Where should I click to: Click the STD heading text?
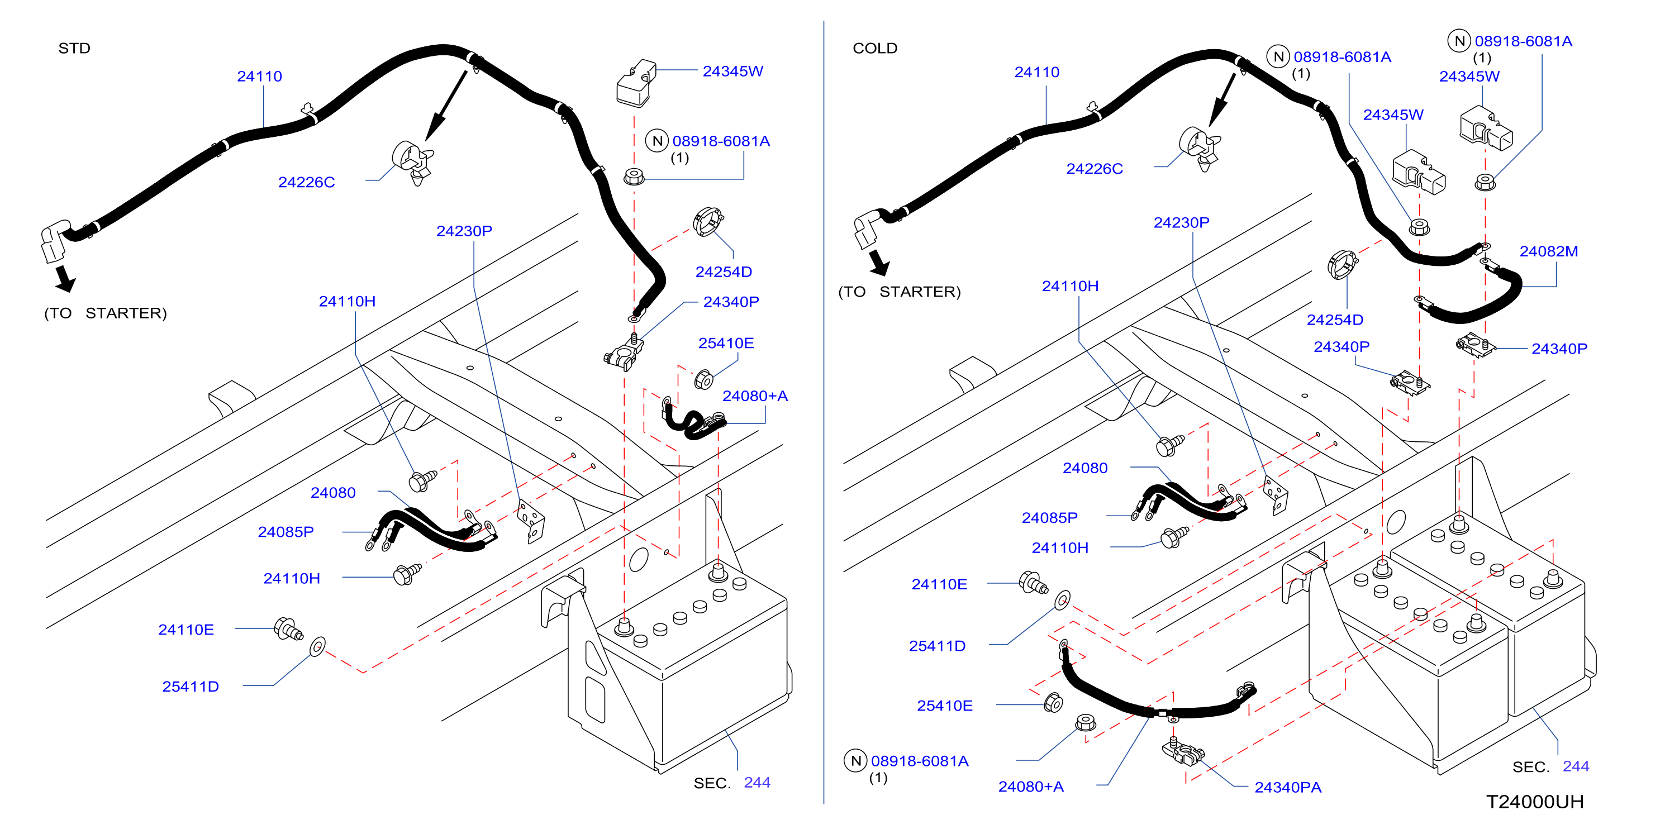pyautogui.click(x=74, y=49)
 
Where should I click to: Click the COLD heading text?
pyautogui.click(x=874, y=49)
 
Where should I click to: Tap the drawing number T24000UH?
pyautogui.click(x=1534, y=802)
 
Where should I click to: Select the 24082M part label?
pyautogui.click(x=1548, y=251)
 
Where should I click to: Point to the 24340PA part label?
pyautogui.click(x=1287, y=787)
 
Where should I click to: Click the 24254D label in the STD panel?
pyautogui.click(x=723, y=272)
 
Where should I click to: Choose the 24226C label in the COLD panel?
pyautogui.click(x=1095, y=169)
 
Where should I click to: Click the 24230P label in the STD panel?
pyautogui.click(x=464, y=231)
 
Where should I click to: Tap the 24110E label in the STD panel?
pyautogui.click(x=186, y=630)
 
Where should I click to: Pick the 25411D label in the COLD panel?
pyautogui.click(x=937, y=646)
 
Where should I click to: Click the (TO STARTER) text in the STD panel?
pyautogui.click(x=106, y=313)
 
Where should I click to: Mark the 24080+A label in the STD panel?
pyautogui.click(x=755, y=396)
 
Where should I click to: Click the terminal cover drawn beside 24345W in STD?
pyautogui.click(x=636, y=83)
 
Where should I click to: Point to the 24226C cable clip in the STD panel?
pyautogui.click(x=412, y=162)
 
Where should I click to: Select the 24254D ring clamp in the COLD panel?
pyautogui.click(x=1342, y=264)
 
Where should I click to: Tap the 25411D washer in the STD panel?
pyautogui.click(x=317, y=646)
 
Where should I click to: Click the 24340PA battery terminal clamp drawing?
pyautogui.click(x=1183, y=751)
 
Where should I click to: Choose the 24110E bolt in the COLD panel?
pyautogui.click(x=1033, y=583)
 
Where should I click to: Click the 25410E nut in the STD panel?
pyautogui.click(x=703, y=379)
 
